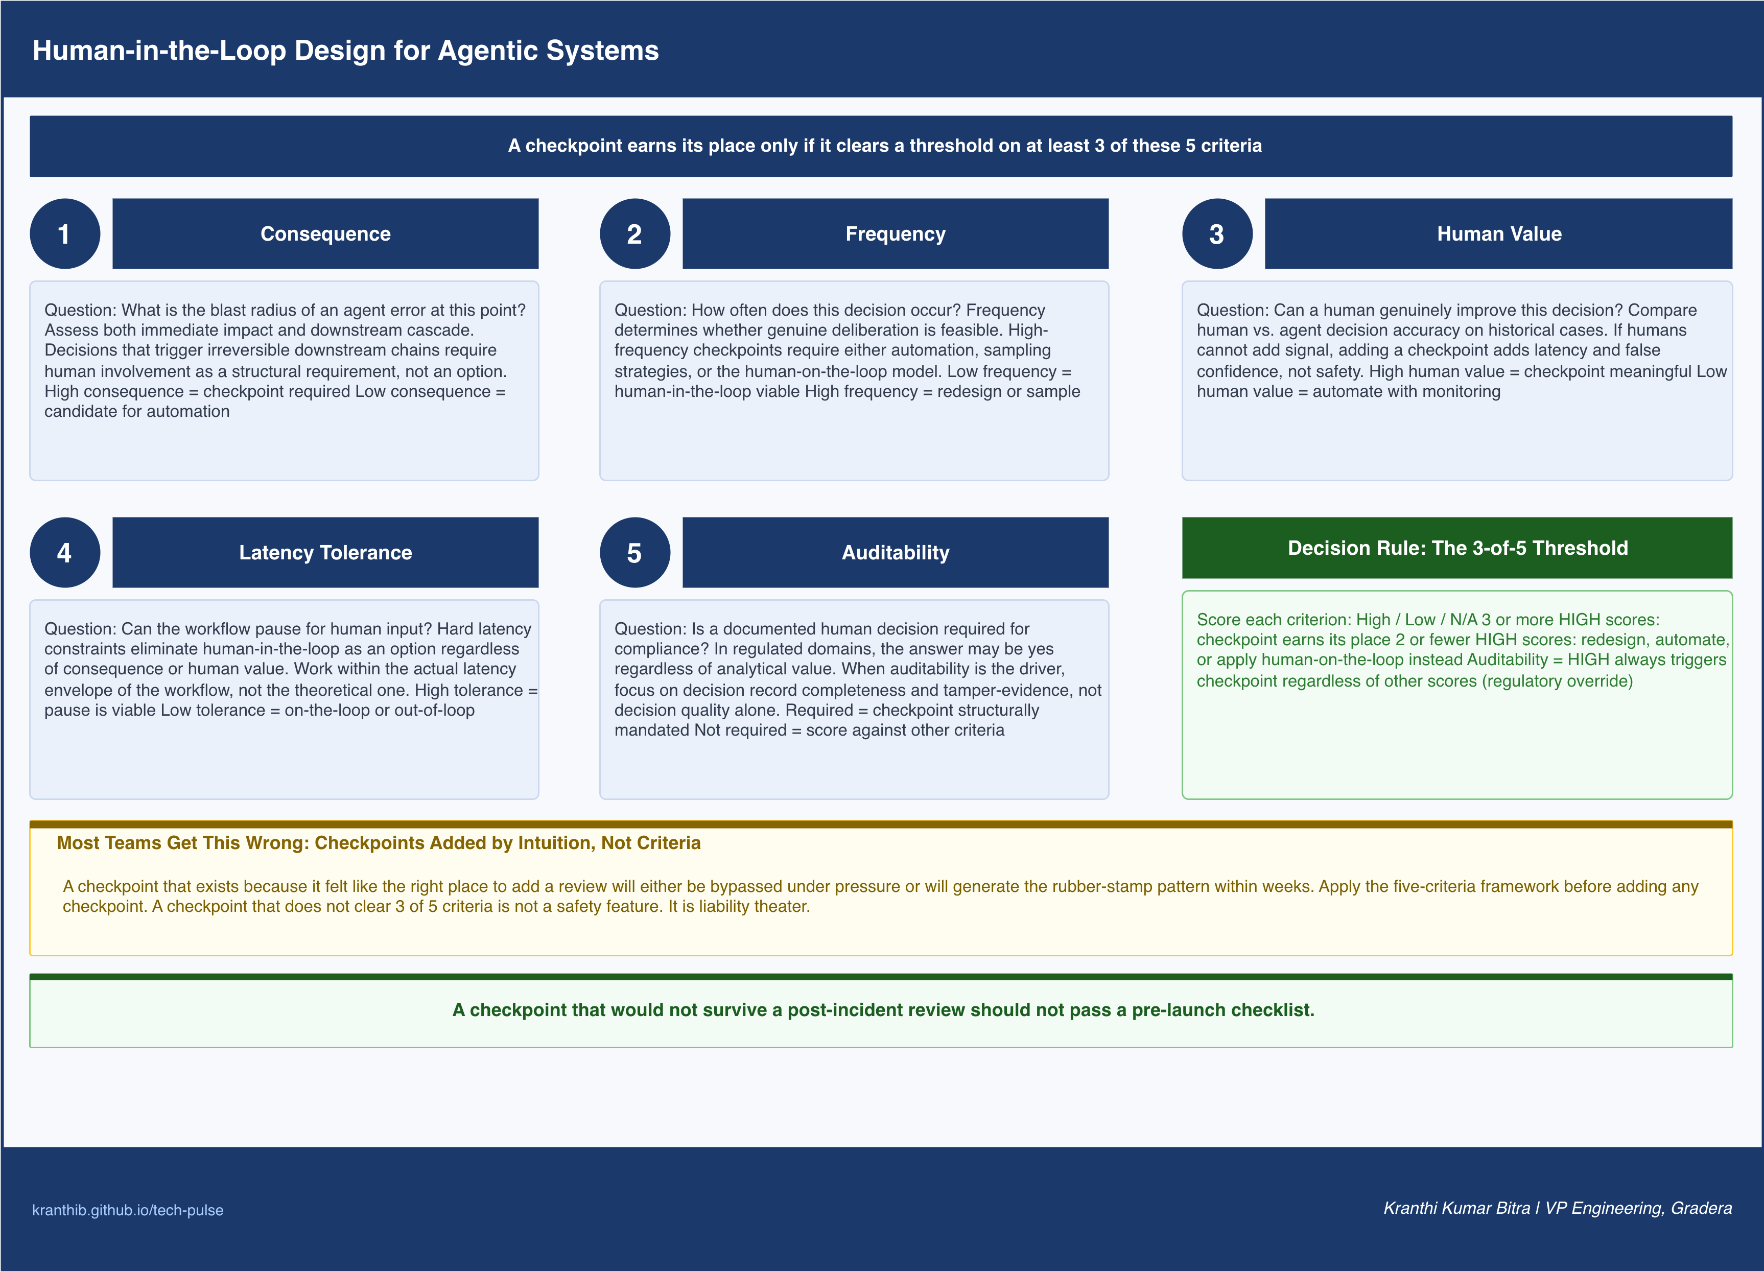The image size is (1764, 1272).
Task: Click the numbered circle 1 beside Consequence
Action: click(x=64, y=233)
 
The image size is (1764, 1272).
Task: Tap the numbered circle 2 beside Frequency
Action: click(x=634, y=233)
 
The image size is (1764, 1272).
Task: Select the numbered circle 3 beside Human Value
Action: click(x=1217, y=233)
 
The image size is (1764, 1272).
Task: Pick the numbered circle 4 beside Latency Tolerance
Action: click(x=64, y=552)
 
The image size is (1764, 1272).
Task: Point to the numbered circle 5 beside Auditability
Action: click(x=634, y=552)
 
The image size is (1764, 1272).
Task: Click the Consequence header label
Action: click(x=325, y=233)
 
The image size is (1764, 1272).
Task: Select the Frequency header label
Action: click(x=895, y=233)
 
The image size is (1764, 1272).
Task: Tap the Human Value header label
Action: click(x=1499, y=233)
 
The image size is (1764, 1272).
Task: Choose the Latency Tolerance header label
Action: click(x=325, y=552)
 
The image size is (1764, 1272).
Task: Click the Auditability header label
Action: click(x=895, y=552)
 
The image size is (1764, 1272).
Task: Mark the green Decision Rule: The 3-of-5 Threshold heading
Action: click(x=1457, y=548)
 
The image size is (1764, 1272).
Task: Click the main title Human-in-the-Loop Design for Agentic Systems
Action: click(x=345, y=51)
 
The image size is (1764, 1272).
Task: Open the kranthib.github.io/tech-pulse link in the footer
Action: click(x=128, y=1210)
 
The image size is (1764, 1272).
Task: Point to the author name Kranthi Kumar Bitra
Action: click(x=1456, y=1208)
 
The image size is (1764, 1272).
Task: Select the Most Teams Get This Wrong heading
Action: click(x=379, y=842)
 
